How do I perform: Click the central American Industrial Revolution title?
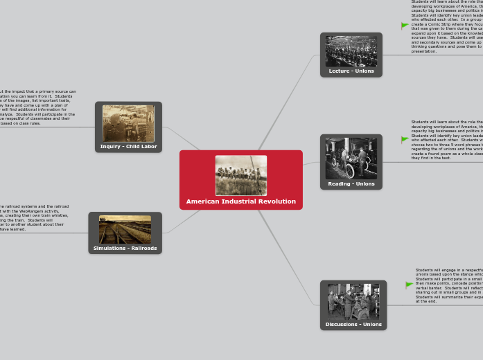pos(240,201)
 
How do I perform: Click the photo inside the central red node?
pos(240,175)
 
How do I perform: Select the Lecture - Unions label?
pos(351,71)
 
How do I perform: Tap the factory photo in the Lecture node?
pos(351,51)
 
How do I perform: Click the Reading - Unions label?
pos(351,183)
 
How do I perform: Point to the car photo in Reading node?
pos(351,159)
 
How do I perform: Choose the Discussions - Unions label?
pos(353,324)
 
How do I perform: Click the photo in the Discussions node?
pos(353,301)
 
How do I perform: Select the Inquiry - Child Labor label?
pos(128,147)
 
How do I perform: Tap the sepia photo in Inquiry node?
pos(128,123)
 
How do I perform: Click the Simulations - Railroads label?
pos(125,248)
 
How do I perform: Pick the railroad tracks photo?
pos(125,229)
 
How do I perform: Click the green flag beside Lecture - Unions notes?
pos(405,26)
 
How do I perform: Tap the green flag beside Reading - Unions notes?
pos(405,140)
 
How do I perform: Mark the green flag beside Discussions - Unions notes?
pos(409,285)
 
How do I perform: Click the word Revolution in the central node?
pos(276,201)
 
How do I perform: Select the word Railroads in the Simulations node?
pos(141,248)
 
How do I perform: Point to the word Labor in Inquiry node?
pos(148,147)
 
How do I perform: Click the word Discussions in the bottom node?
pos(341,324)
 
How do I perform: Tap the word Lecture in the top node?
pos(339,71)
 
